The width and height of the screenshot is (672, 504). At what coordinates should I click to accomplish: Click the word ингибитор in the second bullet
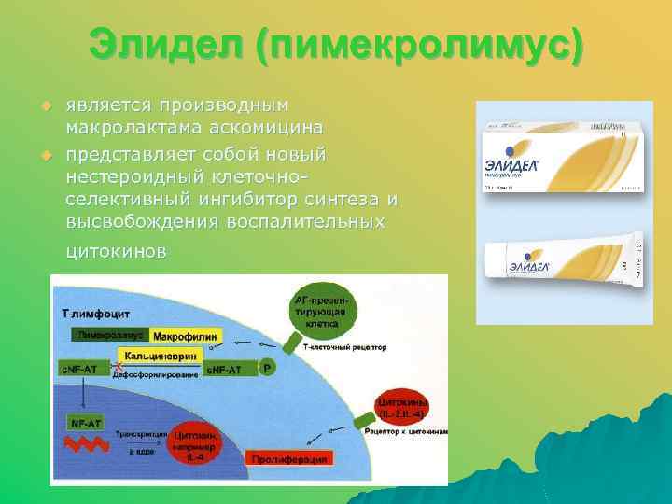pyautogui.click(x=248, y=199)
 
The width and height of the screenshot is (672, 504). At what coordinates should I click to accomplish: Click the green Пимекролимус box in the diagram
pyautogui.click(x=108, y=334)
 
